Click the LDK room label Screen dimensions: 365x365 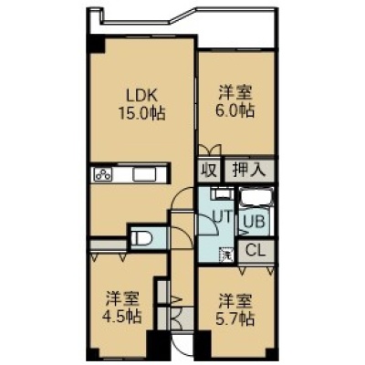(141, 97)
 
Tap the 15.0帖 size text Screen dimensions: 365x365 (141, 114)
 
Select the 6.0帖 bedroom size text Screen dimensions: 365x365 (235, 110)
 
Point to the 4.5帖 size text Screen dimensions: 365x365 (121, 317)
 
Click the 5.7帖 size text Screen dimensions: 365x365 (235, 318)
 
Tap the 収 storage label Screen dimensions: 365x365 (210, 171)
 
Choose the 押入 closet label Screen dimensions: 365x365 (249, 170)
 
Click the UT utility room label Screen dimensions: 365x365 (223, 217)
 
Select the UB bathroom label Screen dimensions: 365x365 (255, 222)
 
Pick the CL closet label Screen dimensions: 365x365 (255, 251)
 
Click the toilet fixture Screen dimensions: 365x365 (142, 237)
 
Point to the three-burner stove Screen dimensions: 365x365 (103, 174)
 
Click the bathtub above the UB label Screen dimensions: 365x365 (256, 197)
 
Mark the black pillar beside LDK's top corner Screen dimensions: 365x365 (96, 44)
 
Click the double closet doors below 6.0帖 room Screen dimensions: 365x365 (210, 150)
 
